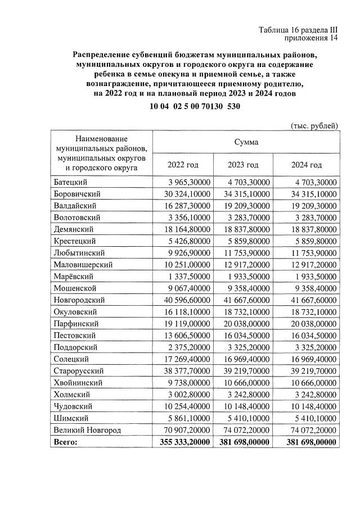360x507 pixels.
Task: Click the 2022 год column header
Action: (183, 165)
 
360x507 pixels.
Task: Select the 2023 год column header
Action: (243, 165)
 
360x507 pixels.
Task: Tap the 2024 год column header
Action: (307, 165)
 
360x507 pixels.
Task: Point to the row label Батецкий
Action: (71, 182)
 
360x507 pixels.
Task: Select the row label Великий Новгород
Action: (88, 430)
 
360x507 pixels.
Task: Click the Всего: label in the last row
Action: (66, 442)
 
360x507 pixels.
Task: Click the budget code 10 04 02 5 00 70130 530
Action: (195, 107)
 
